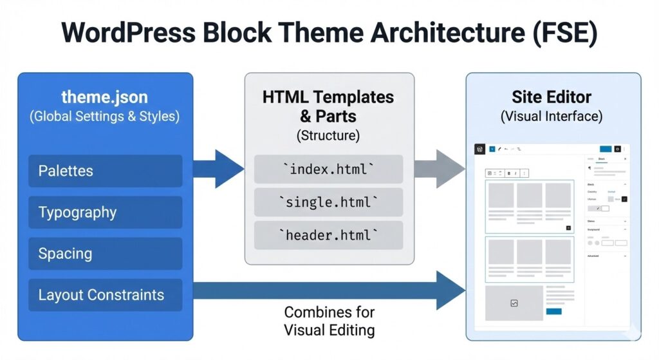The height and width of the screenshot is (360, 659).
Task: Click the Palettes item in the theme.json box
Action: click(x=106, y=171)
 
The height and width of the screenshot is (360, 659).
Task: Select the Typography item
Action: click(x=106, y=213)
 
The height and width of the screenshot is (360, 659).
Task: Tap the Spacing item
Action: click(x=106, y=254)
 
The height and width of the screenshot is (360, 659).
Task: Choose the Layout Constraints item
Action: click(x=106, y=295)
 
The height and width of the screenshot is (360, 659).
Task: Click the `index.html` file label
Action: click(x=328, y=169)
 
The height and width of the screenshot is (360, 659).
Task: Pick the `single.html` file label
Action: click(x=328, y=202)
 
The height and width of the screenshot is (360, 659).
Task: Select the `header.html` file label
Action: click(x=328, y=236)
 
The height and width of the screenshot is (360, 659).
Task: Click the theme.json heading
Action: click(x=104, y=97)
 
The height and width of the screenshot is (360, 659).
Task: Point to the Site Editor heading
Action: click(x=552, y=97)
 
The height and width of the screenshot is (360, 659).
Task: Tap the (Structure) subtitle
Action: click(x=328, y=136)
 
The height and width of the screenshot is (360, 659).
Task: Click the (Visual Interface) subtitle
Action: click(x=552, y=117)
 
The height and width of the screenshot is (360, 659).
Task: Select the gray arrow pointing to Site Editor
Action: click(x=440, y=169)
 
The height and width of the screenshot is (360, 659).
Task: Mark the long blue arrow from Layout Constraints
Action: click(x=328, y=290)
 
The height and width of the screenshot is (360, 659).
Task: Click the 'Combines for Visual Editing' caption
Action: click(x=329, y=321)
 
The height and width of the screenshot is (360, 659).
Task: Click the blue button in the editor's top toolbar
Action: click(x=606, y=149)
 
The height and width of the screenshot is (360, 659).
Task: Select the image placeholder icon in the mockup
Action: click(x=514, y=303)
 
